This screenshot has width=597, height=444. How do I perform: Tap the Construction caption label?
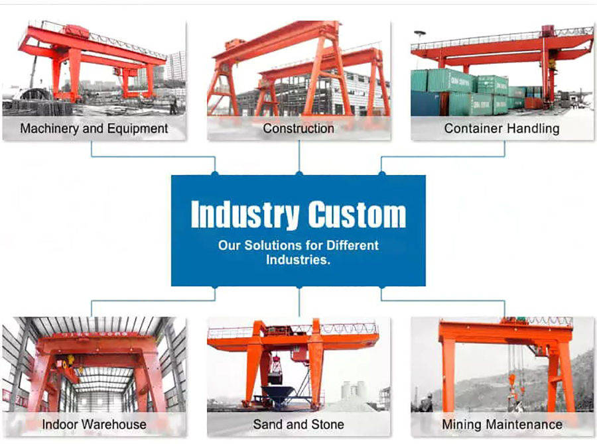[298, 129]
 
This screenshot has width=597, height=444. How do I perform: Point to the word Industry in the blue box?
[245, 215]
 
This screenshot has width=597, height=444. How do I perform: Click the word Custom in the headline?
[357, 215]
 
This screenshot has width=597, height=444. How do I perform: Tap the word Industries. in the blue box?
[298, 260]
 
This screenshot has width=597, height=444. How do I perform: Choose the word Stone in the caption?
[327, 424]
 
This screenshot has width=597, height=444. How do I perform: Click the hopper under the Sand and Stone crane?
[277, 394]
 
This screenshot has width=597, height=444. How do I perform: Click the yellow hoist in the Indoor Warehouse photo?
[70, 360]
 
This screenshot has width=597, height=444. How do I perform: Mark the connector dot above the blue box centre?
[299, 174]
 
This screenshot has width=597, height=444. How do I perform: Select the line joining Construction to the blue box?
[299, 157]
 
